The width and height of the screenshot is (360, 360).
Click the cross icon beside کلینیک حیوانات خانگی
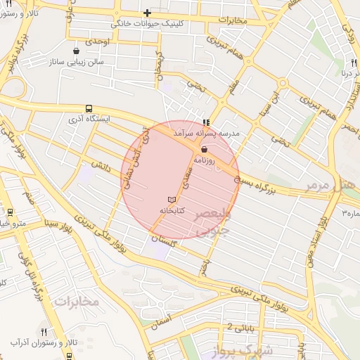tap(147, 12)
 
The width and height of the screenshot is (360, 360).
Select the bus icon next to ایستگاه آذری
tap(89, 108)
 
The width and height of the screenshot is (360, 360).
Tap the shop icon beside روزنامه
tap(204, 149)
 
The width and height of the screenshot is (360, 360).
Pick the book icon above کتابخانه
tap(172, 200)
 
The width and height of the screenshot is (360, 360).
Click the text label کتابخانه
tap(172, 211)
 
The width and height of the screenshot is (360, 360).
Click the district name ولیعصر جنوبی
tap(212, 221)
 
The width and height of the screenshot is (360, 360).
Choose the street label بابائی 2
tap(222, 327)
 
